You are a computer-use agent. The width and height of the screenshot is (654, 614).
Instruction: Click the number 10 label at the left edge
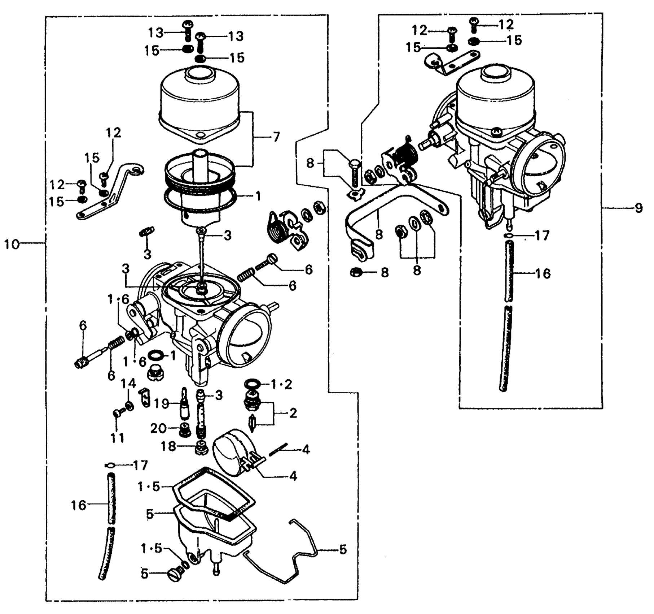[x=12, y=245]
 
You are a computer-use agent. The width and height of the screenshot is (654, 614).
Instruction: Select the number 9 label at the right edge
[x=639, y=208]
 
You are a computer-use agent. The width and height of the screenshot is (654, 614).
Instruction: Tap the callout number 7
[x=276, y=137]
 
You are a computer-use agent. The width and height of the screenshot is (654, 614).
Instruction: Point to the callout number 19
[x=162, y=403]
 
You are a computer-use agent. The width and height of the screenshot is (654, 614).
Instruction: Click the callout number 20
[x=158, y=428]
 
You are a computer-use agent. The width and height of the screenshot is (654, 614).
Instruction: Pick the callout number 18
[x=168, y=446]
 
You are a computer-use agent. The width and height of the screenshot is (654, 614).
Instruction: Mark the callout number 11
[x=117, y=438]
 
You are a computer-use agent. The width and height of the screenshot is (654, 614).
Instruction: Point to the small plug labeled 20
[x=185, y=430]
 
